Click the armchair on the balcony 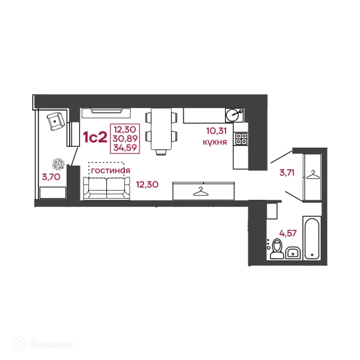56,121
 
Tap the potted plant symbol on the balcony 58,164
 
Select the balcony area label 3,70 51,177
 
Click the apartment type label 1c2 95,137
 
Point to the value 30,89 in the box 125,139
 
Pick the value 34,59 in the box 125,148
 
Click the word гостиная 110,170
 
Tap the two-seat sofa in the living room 107,188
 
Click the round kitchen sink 232,115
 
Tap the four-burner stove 241,139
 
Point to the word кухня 215,142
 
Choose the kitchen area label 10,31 217,131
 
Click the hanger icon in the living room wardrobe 201,191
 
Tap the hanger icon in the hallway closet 313,175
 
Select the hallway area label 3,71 287,172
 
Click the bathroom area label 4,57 287,233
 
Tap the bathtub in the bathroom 312,238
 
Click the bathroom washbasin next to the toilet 293,253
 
